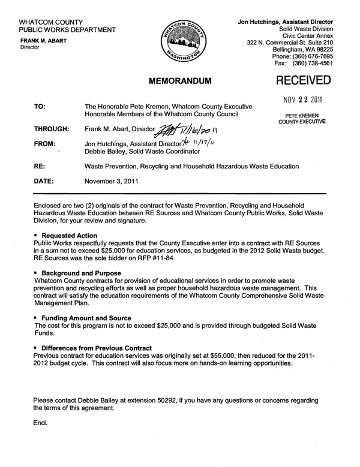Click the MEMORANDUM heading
[x=181, y=79]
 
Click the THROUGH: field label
[x=52, y=128]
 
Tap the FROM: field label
[x=44, y=144]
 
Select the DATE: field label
[x=44, y=179]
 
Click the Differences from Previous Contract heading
[x=95, y=348]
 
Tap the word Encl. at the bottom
[x=41, y=422]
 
